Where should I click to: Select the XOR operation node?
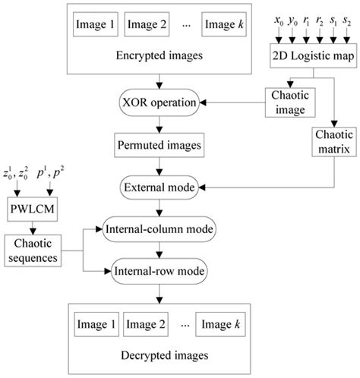(159, 102)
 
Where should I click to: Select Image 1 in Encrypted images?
(94, 26)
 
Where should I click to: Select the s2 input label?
(348, 17)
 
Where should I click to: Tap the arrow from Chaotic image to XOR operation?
(220, 102)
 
